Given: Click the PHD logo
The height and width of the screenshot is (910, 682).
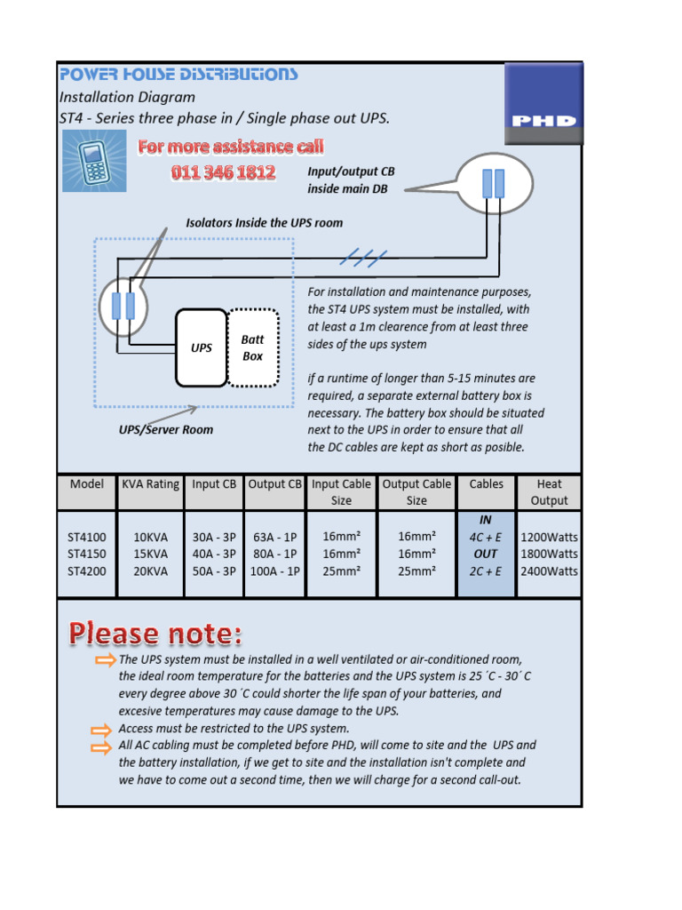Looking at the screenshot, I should [543, 103].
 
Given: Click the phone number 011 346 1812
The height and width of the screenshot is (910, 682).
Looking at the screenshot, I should [223, 172].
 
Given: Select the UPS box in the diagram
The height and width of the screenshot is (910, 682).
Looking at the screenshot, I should [202, 347].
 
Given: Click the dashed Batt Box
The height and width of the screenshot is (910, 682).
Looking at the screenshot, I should [253, 347].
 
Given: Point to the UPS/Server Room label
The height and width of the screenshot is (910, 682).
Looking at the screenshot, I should [166, 429].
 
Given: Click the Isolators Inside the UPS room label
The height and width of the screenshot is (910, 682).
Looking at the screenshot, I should [264, 223].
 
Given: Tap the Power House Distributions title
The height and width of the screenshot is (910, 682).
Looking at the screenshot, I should [178, 75].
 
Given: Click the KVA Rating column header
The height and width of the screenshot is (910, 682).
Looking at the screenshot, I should [150, 484].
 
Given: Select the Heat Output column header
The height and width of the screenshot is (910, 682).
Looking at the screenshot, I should [549, 492].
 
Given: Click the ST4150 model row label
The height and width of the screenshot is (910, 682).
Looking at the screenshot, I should [87, 555].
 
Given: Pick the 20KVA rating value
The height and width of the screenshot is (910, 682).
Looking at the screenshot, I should [150, 571].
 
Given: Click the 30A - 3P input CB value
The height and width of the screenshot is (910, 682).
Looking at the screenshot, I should [214, 538].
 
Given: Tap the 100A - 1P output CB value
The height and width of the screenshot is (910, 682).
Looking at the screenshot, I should [274, 571].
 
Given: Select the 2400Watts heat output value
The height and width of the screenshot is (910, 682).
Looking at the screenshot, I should [549, 571].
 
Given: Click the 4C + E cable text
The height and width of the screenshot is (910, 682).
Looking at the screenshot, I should [486, 538].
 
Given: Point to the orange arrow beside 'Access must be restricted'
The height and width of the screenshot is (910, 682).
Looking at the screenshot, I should [104, 730].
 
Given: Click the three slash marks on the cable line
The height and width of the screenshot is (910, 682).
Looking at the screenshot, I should [364, 259].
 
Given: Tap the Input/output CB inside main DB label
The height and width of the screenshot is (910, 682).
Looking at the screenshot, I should [351, 180].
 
